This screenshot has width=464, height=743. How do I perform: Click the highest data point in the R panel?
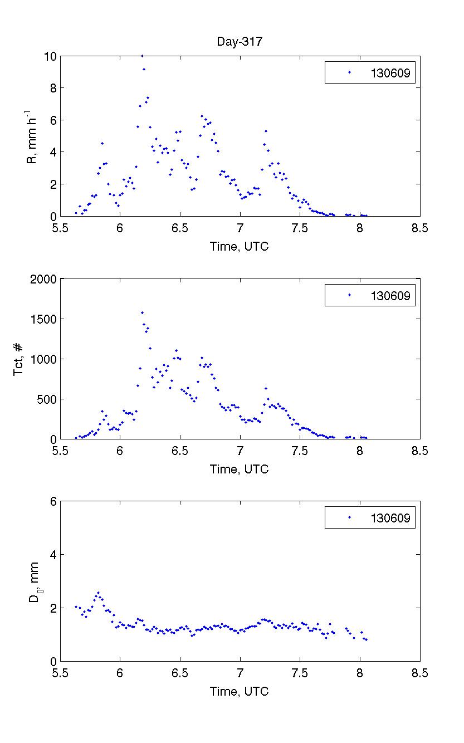(x=142, y=56)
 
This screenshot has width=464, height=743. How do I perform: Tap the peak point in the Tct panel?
(x=142, y=312)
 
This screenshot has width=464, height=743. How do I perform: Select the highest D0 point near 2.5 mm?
(x=98, y=593)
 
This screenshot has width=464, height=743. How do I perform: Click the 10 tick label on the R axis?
(x=50, y=56)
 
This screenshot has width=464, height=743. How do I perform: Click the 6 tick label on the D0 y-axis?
(x=53, y=501)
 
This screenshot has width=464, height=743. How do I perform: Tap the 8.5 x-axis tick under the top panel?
(x=420, y=228)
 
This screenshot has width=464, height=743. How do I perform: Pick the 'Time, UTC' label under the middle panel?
(x=239, y=469)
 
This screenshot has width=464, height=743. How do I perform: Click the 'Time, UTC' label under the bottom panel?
(x=239, y=692)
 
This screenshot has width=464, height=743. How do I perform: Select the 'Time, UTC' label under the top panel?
(x=239, y=246)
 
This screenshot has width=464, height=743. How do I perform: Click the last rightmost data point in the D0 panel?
(x=366, y=639)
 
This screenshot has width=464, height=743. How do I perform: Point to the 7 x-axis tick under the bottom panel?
(x=240, y=674)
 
